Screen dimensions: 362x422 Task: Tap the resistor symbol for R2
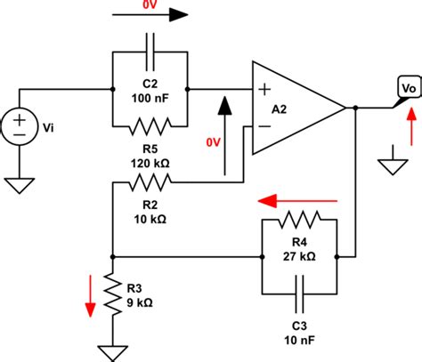[150, 184]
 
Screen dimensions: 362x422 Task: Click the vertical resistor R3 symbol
[111, 294]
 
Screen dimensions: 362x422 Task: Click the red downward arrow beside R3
[90, 294]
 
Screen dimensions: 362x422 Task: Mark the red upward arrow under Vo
[410, 131]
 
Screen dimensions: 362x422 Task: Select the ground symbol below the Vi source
[17, 185]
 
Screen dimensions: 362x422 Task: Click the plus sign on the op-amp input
[264, 89]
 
